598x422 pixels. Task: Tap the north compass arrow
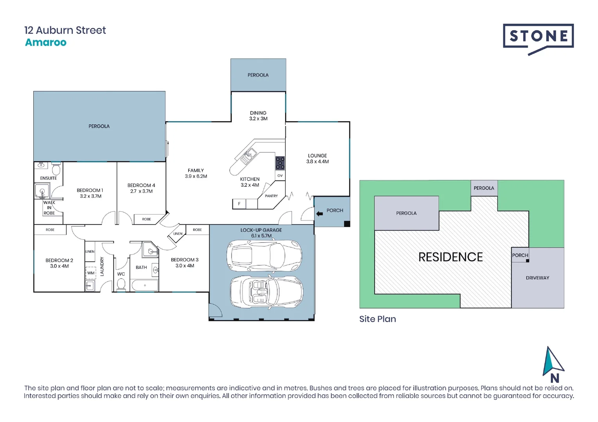coord(553,361)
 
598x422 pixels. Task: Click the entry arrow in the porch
coord(320,213)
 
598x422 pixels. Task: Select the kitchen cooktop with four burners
coord(280,163)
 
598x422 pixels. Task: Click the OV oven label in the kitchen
coord(280,176)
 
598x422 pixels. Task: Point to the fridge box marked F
coord(239,204)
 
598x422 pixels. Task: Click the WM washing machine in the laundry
coord(91,273)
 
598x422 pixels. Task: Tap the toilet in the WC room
coord(121,284)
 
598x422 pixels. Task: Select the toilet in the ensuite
coord(56,169)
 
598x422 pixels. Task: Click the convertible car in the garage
coord(266,292)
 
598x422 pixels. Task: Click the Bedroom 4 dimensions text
coord(141,191)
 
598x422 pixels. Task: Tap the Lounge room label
coord(317,156)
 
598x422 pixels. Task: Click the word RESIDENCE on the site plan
coord(451,257)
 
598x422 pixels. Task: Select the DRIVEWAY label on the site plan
coord(537,278)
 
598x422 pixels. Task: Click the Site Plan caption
coord(377,319)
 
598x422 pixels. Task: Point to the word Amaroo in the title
coord(46,43)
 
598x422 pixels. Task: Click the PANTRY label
coord(271,196)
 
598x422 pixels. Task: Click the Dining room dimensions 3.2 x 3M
coord(258,119)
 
